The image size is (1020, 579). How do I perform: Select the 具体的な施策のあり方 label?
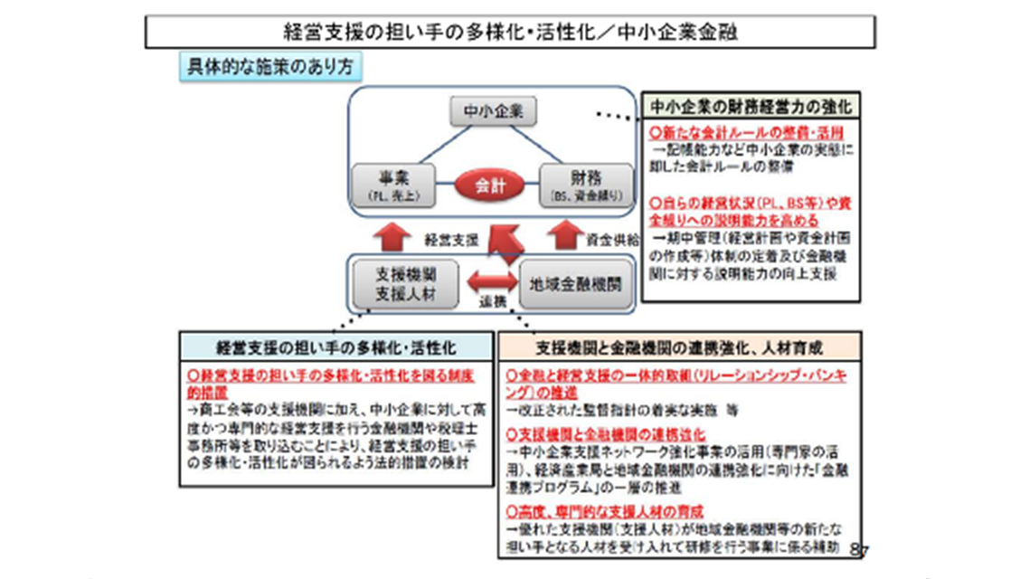[x=269, y=67]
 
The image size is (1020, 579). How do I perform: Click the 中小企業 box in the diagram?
[x=493, y=112]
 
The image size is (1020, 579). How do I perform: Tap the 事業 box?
[x=393, y=185]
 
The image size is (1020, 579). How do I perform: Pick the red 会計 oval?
[x=491, y=185]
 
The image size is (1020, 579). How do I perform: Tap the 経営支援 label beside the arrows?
[x=450, y=241]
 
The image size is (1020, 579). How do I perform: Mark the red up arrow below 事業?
[x=393, y=234]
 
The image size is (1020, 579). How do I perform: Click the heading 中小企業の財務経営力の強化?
[x=751, y=107]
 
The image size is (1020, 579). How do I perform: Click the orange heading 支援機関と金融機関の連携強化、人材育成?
[x=679, y=346]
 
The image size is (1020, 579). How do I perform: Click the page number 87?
[x=859, y=549]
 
